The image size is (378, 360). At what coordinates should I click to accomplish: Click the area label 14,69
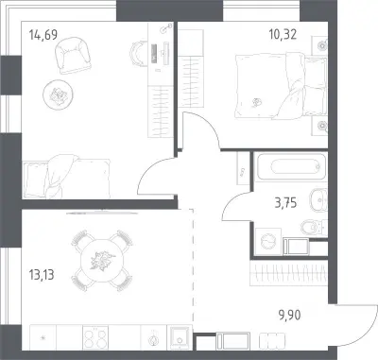43,35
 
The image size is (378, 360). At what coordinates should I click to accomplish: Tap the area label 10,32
283,34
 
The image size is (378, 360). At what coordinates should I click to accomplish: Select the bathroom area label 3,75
285,203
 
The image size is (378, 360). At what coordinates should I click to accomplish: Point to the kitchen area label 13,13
42,275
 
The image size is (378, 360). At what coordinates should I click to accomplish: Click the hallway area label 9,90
289,315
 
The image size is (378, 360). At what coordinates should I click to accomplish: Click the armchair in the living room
73,55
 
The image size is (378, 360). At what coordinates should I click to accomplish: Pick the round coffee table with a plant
58,94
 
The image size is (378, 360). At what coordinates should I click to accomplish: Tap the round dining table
101,261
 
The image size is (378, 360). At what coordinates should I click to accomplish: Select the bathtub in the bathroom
290,166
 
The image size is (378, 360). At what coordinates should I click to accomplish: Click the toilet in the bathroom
314,227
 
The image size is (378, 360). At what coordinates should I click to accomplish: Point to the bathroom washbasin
318,199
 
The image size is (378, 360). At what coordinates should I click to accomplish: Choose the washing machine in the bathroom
268,242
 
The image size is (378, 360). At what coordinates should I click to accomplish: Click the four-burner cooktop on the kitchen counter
95,337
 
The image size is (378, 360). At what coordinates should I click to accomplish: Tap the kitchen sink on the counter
180,337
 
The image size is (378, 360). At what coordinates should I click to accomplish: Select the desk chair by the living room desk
138,54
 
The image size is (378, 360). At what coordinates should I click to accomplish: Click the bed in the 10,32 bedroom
281,87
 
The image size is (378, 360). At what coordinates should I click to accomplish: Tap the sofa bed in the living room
66,177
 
